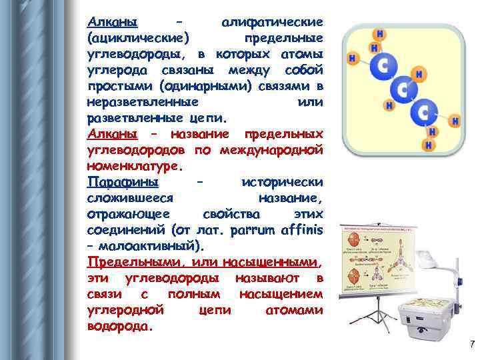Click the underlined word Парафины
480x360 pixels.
(123, 182)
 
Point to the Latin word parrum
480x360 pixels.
(253, 231)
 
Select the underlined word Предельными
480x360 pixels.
(138, 263)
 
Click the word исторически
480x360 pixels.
(283, 182)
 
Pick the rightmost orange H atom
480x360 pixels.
(456, 121)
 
